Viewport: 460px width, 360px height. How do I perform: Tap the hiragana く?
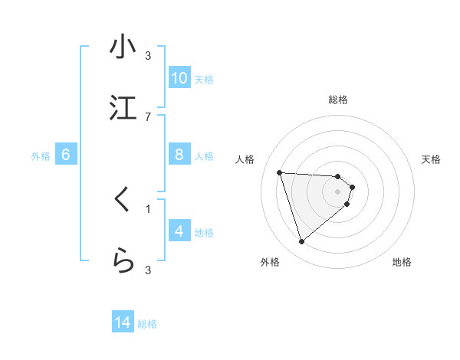(122, 200)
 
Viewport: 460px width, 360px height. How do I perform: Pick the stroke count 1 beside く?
(148, 208)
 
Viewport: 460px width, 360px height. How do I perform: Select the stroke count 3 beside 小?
(148, 55)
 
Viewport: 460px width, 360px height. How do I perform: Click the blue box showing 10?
(179, 78)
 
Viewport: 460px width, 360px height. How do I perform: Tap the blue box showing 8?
(179, 155)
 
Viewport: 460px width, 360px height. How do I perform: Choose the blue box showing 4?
(179, 231)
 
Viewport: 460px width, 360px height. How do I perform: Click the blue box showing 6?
(66, 155)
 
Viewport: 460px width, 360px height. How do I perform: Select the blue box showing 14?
(123, 322)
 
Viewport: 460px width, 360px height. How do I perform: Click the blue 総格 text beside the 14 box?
(147, 324)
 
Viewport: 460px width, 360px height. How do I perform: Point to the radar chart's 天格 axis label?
(431, 159)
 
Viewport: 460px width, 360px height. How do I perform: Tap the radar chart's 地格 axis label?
(402, 262)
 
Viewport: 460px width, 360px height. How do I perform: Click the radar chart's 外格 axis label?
(270, 262)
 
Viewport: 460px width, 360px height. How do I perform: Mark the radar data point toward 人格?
(279, 172)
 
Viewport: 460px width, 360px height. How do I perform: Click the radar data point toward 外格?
(301, 242)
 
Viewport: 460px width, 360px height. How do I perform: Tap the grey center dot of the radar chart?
(338, 191)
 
